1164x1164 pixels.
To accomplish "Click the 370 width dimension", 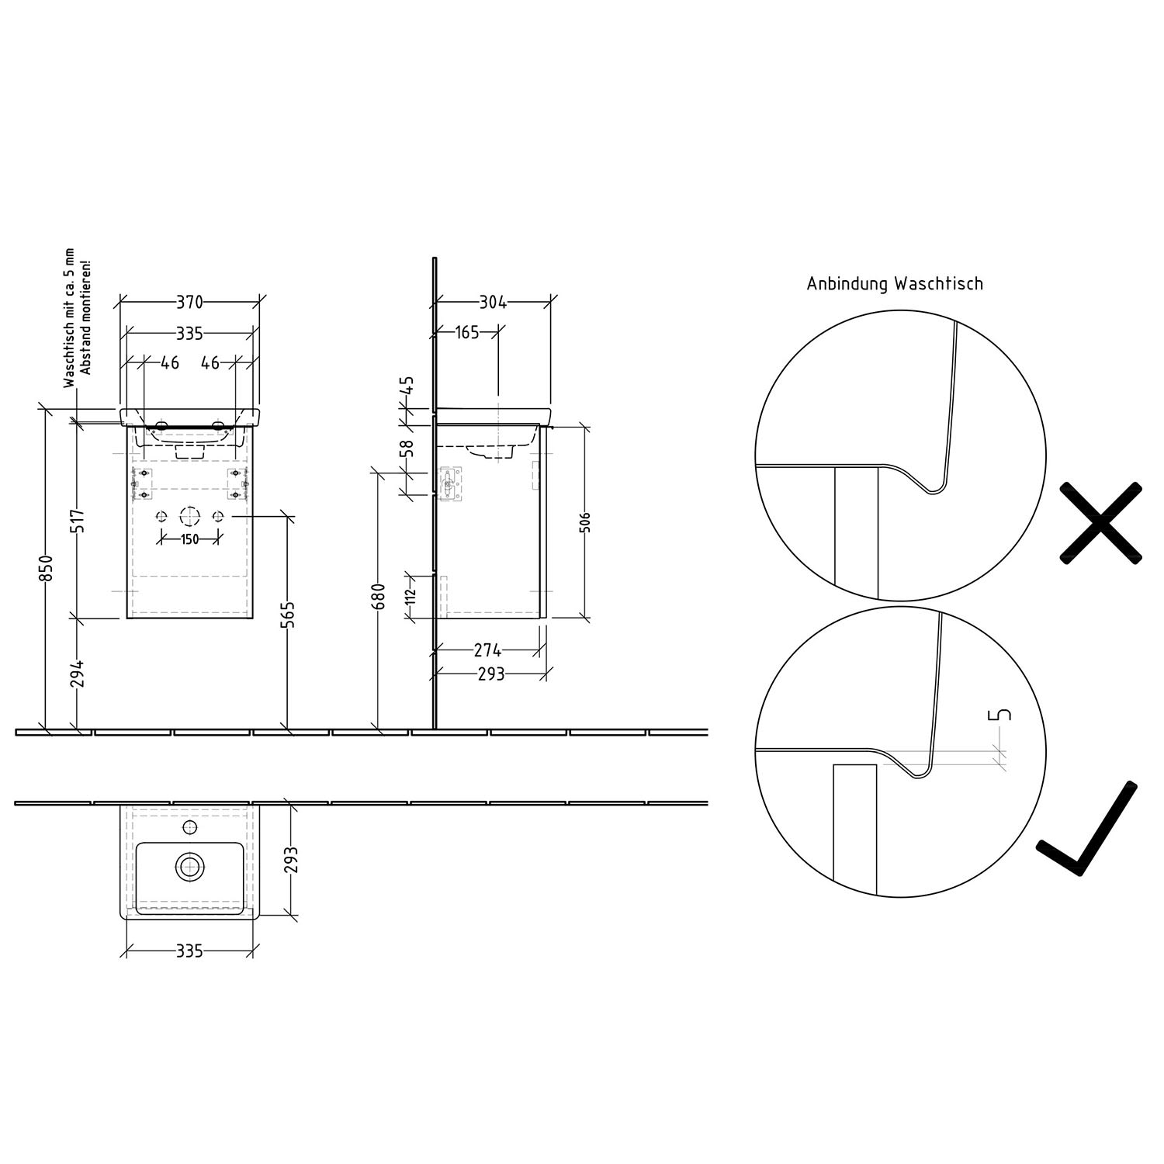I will pyautogui.click(x=190, y=302).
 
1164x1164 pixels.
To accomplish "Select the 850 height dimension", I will pyautogui.click(x=47, y=568).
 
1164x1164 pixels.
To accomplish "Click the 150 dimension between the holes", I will pyautogui.click(x=189, y=539).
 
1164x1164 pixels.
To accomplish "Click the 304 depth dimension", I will pyautogui.click(x=492, y=302).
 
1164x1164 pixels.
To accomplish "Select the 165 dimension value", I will pyautogui.click(x=466, y=333).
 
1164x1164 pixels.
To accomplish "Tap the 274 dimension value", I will pyautogui.click(x=487, y=650).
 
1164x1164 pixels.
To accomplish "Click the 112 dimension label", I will pyautogui.click(x=411, y=596).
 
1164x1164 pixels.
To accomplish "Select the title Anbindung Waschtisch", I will pyautogui.click(x=895, y=284).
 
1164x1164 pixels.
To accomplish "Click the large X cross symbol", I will pyautogui.click(x=1100, y=522).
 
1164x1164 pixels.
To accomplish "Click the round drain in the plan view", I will pyautogui.click(x=189, y=865).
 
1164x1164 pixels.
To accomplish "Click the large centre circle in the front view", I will pyautogui.click(x=189, y=517).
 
